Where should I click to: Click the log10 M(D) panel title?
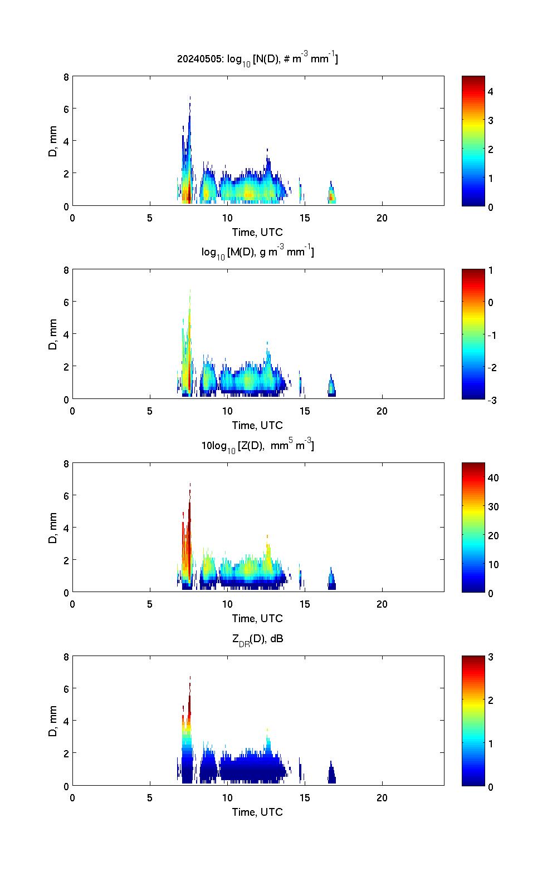[257, 252]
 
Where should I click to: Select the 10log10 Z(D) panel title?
[257, 445]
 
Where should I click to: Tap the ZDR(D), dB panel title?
[257, 639]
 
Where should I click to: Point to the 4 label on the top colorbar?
[490, 91]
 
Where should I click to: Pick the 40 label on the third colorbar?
[492, 478]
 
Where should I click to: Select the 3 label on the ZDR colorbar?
[490, 657]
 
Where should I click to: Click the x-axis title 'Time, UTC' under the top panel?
[257, 232]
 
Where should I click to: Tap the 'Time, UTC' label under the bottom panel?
[257, 812]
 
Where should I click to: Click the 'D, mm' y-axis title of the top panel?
[53, 141]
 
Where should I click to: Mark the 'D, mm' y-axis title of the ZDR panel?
[53, 721]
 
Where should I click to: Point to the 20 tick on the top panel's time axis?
[382, 218]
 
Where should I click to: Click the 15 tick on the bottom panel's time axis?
[305, 797]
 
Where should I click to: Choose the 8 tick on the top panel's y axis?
[66, 77]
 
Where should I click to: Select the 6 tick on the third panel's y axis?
[66, 495]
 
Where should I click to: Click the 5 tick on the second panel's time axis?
[150, 411]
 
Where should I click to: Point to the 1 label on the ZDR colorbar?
[490, 743]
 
